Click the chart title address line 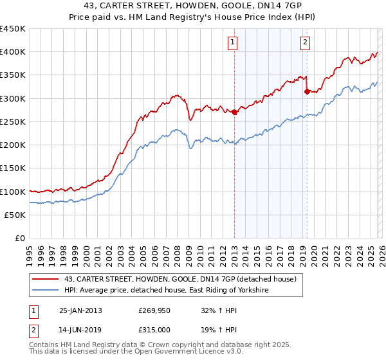coord(194,5)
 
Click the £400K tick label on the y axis coord(13,52)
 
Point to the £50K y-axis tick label coord(15,215)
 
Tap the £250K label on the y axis coord(13,122)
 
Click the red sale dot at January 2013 coord(234,113)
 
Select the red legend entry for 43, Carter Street coord(179,279)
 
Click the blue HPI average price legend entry coord(165,291)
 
